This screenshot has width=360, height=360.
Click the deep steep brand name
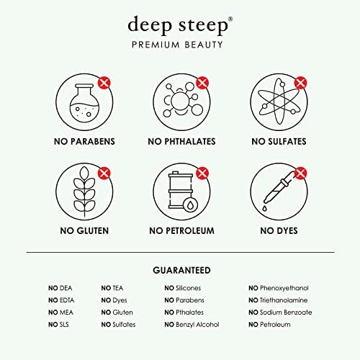[x=180, y=24]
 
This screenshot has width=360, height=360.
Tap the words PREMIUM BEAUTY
[x=180, y=45]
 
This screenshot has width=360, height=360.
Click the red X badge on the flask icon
[x=104, y=83]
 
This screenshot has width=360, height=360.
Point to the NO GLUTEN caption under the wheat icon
[x=81, y=231]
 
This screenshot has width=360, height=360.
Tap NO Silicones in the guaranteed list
[x=183, y=288]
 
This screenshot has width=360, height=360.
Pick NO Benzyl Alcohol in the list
[x=192, y=325]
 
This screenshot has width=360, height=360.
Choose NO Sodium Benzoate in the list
[x=280, y=312]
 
